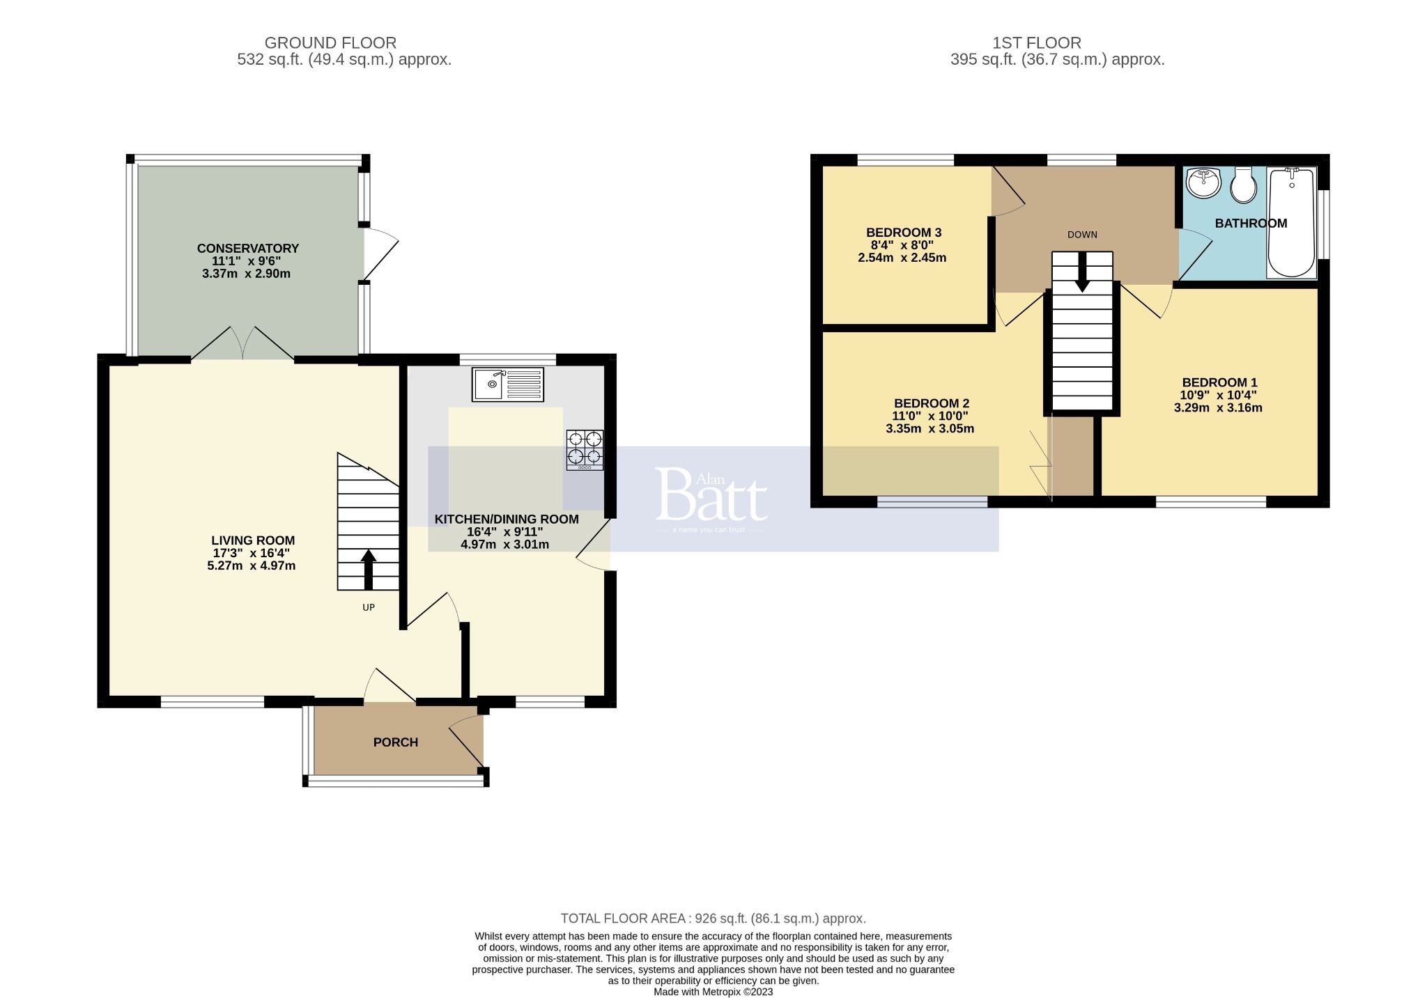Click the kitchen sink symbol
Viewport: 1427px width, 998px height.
pos(508,384)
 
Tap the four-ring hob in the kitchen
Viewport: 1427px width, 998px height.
pos(585,449)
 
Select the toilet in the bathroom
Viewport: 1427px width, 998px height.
pos(1243,185)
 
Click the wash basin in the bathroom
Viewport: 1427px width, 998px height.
pos(1203,182)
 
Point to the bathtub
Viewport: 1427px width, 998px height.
pos(1291,221)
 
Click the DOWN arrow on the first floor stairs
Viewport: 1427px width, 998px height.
pos(1082,272)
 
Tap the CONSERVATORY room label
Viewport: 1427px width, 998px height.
pos(247,249)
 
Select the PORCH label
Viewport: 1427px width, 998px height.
pos(396,742)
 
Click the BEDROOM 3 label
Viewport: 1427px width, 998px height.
pos(904,233)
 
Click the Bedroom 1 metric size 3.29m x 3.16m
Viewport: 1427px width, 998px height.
pos(1218,408)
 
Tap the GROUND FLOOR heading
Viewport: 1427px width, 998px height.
pos(330,43)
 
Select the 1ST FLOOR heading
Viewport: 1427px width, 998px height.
pos(1037,43)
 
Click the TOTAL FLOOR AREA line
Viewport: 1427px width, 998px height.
pos(713,919)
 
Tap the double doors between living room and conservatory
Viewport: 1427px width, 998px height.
pos(242,343)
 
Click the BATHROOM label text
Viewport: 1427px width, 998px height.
pos(1251,224)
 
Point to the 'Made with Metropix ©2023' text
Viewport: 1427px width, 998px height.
pos(713,992)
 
